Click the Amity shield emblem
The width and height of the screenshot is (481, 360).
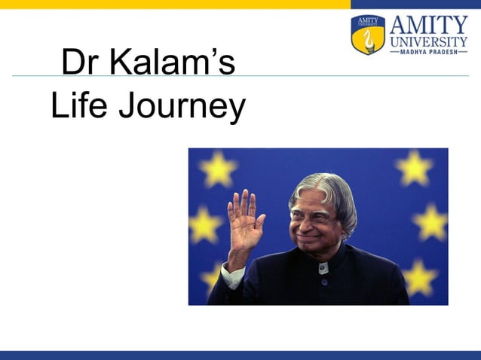(368, 34)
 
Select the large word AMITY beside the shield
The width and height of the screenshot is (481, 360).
(428, 22)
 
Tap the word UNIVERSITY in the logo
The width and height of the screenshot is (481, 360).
(428, 44)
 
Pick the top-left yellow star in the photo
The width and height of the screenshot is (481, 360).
(218, 169)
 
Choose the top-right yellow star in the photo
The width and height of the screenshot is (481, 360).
(415, 167)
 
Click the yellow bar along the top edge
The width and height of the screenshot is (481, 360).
(173, 4)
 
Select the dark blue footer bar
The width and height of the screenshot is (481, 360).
(240, 355)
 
